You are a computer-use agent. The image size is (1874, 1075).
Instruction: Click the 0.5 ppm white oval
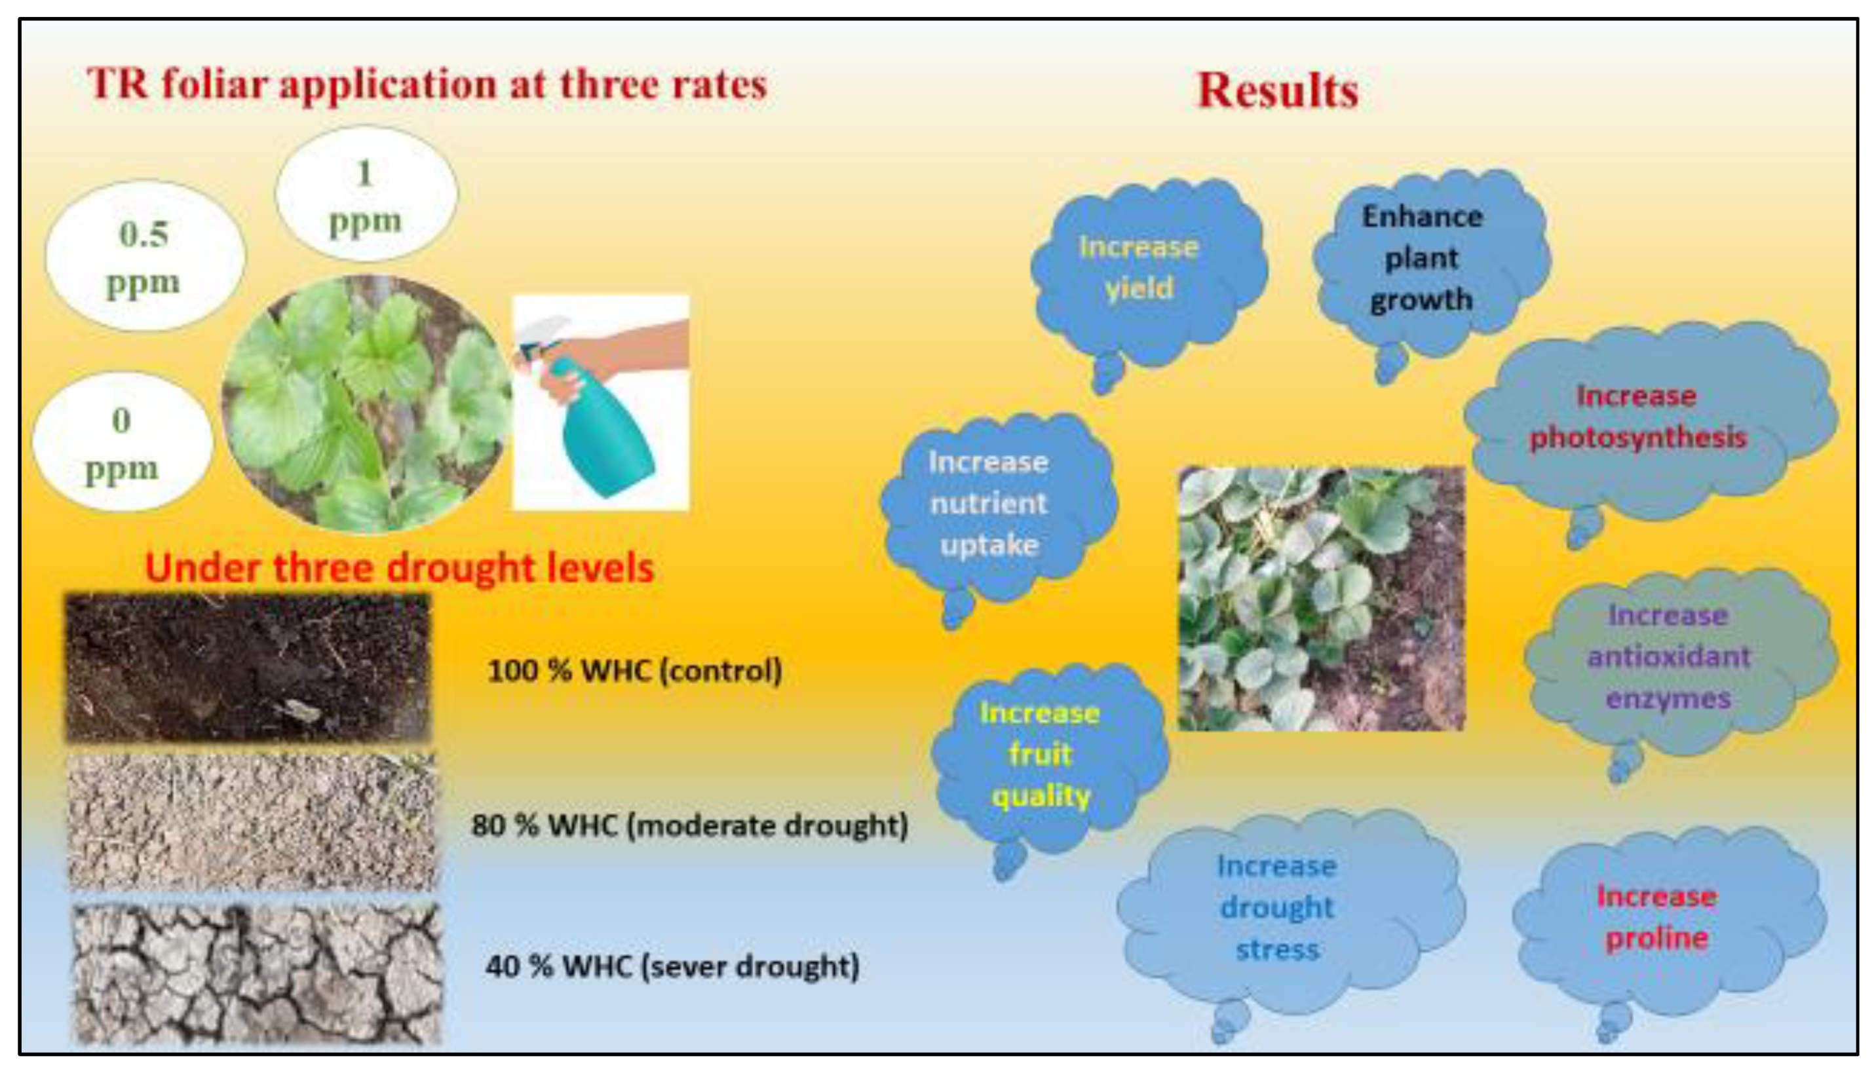[145, 255]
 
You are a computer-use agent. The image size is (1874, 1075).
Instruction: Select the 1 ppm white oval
[366, 193]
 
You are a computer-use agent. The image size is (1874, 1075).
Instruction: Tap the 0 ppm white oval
[123, 442]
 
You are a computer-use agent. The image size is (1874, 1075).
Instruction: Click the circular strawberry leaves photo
[367, 404]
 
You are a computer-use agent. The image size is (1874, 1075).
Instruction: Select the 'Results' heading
[1277, 91]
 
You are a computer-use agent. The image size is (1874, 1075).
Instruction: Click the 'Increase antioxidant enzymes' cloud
[1680, 664]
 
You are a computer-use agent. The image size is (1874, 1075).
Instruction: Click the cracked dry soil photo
[257, 975]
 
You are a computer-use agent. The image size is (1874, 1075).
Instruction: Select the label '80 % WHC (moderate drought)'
[689, 825]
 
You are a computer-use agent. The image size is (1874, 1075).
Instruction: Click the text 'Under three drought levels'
[400, 568]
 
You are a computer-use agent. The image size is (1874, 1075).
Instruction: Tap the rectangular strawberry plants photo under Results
[1321, 599]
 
